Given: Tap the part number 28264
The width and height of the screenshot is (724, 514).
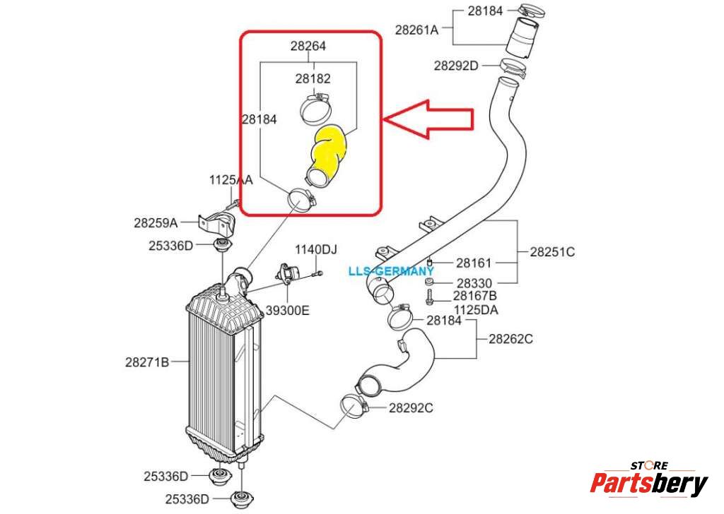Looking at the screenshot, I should [x=308, y=47].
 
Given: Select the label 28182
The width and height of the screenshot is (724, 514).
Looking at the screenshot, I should [x=313, y=79].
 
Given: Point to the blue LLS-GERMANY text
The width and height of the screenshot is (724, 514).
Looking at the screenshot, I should [x=391, y=271].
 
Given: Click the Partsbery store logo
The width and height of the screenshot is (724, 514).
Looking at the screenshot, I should [x=648, y=481].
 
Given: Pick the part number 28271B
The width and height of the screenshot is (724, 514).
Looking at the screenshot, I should [x=147, y=363].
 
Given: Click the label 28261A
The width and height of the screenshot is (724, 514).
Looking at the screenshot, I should [x=416, y=30].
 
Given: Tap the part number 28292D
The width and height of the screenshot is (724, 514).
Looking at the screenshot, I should [x=456, y=66].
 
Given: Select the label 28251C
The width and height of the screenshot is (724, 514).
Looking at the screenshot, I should [x=553, y=251].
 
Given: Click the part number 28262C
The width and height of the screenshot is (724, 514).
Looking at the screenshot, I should [x=510, y=339].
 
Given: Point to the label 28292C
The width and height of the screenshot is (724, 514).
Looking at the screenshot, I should [x=411, y=407].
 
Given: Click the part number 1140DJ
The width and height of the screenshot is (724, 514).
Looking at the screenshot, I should [x=316, y=249].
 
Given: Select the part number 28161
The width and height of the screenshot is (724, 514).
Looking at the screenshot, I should [x=473, y=263].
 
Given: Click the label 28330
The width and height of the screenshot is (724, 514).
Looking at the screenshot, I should [x=473, y=283].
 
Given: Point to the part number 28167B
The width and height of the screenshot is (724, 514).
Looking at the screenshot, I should [x=475, y=296].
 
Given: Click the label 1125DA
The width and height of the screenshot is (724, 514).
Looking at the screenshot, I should [x=477, y=309].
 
